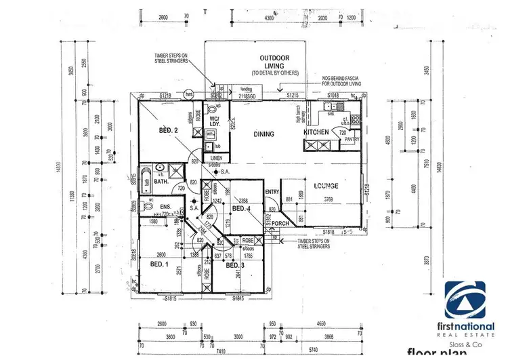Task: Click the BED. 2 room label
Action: click(169, 129)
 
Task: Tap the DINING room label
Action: click(264, 134)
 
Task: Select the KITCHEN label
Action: click(316, 132)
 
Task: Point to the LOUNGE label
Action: click(326, 185)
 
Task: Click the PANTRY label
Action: click(350, 139)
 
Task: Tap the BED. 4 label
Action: click(242, 208)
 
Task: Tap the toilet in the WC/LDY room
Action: click(213, 108)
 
